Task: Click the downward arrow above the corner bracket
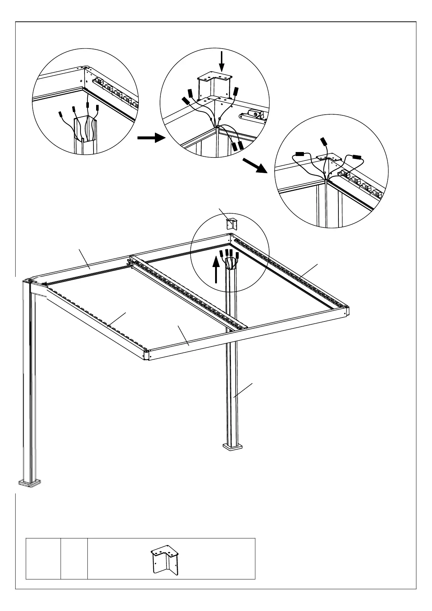[222, 62]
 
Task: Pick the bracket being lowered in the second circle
[214, 85]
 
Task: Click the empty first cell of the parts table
[43, 563]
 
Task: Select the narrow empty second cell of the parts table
[74, 563]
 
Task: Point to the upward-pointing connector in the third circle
[323, 142]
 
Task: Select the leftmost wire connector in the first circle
[61, 115]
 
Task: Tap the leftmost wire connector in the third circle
[300, 154]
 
